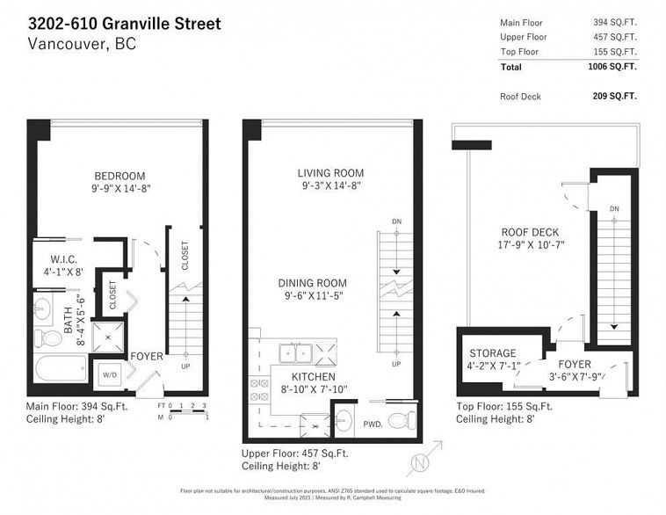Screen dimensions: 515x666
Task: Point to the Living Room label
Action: pos(329,173)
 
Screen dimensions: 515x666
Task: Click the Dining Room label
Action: pos(312,283)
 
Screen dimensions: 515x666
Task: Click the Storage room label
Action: pos(492,353)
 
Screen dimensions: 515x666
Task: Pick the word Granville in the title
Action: pos(142,22)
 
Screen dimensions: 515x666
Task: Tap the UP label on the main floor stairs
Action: pos(185,366)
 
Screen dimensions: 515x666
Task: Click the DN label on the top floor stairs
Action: pos(613,208)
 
